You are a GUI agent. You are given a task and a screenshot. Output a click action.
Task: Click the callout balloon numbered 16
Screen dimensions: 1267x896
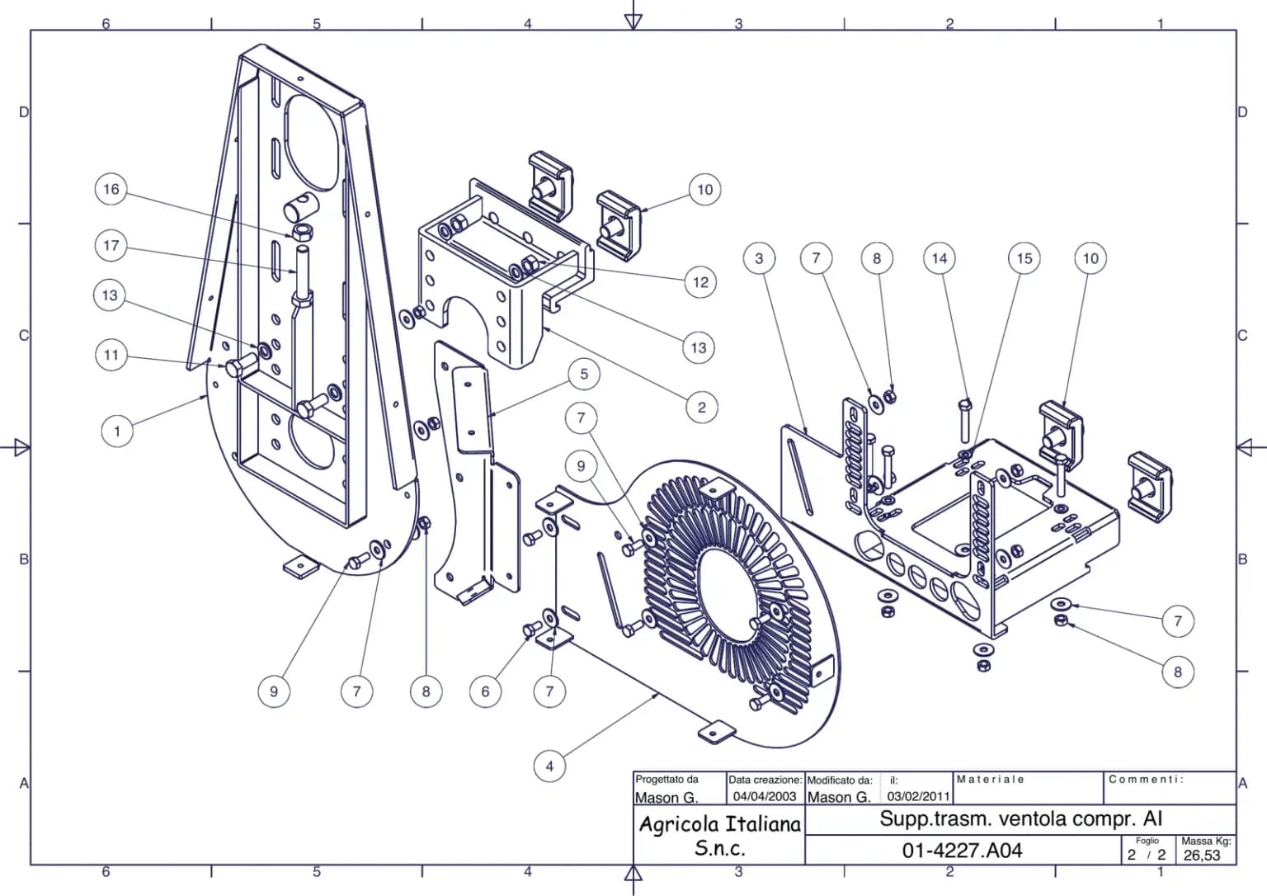(x=111, y=189)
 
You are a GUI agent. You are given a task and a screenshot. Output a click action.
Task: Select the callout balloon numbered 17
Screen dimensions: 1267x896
(x=111, y=246)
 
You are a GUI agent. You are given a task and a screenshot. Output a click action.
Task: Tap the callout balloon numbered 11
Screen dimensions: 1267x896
(x=111, y=356)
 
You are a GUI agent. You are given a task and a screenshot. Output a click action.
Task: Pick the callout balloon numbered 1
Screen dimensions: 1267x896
(x=117, y=431)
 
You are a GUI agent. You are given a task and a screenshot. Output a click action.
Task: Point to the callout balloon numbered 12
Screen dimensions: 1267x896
(x=700, y=282)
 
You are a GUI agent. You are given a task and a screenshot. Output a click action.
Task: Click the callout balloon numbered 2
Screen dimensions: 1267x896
(x=701, y=408)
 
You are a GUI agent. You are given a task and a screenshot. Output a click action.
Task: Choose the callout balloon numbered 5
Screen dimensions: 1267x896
(x=584, y=374)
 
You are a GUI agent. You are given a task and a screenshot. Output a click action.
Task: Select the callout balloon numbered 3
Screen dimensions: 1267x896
(x=759, y=258)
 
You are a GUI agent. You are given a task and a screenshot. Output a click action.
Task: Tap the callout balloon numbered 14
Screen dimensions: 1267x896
(x=940, y=258)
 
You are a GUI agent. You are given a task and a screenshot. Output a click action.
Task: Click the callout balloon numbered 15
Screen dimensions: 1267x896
(x=1024, y=258)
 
